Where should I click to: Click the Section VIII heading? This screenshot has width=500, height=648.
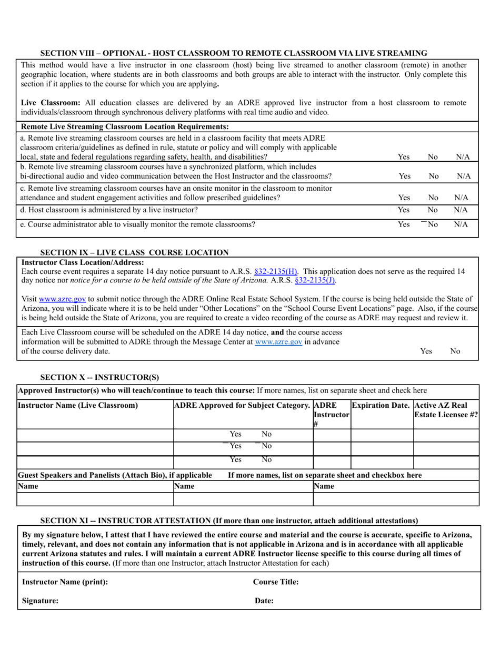(x=234, y=53)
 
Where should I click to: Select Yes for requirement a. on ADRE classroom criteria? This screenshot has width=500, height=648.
(x=404, y=157)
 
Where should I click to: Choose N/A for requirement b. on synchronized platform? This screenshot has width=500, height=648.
(x=463, y=176)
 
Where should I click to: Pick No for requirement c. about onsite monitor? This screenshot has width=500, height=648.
(x=433, y=198)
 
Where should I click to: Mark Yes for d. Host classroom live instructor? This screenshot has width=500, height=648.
(x=404, y=210)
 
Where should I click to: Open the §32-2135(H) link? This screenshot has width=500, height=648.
(x=276, y=272)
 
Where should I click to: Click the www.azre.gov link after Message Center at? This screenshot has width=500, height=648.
(x=278, y=342)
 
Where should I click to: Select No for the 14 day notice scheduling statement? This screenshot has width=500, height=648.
(x=455, y=351)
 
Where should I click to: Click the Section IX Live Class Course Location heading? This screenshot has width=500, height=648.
(x=135, y=252)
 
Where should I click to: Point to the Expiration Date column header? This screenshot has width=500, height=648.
(x=381, y=405)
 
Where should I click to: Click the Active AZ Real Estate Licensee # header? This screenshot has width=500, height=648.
(x=446, y=410)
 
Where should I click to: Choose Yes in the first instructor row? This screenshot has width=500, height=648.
(x=235, y=434)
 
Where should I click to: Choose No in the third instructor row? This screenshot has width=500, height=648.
(x=266, y=459)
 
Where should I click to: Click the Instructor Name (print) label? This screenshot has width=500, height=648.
(x=65, y=582)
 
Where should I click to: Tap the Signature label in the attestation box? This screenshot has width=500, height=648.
(x=41, y=601)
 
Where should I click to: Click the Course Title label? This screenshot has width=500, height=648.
(x=276, y=582)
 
